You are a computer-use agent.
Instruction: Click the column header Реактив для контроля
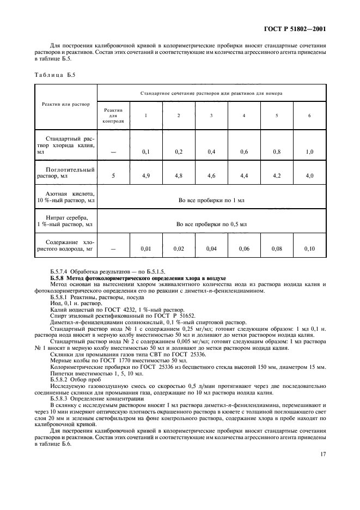tap(113, 116)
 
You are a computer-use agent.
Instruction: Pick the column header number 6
tap(309, 116)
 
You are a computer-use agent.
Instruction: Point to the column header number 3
tap(211, 116)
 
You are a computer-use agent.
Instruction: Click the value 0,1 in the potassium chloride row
tap(146, 151)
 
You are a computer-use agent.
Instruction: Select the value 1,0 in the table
tap(309, 151)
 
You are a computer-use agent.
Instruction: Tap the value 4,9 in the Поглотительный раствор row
tap(146, 176)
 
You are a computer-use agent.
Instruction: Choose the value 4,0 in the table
tap(309, 176)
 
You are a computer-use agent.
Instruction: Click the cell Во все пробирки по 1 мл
tap(211, 200)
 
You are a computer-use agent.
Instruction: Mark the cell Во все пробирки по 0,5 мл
tap(211, 224)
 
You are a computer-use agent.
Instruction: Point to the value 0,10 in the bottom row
tap(309, 248)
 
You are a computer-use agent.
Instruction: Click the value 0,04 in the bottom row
tap(211, 248)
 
